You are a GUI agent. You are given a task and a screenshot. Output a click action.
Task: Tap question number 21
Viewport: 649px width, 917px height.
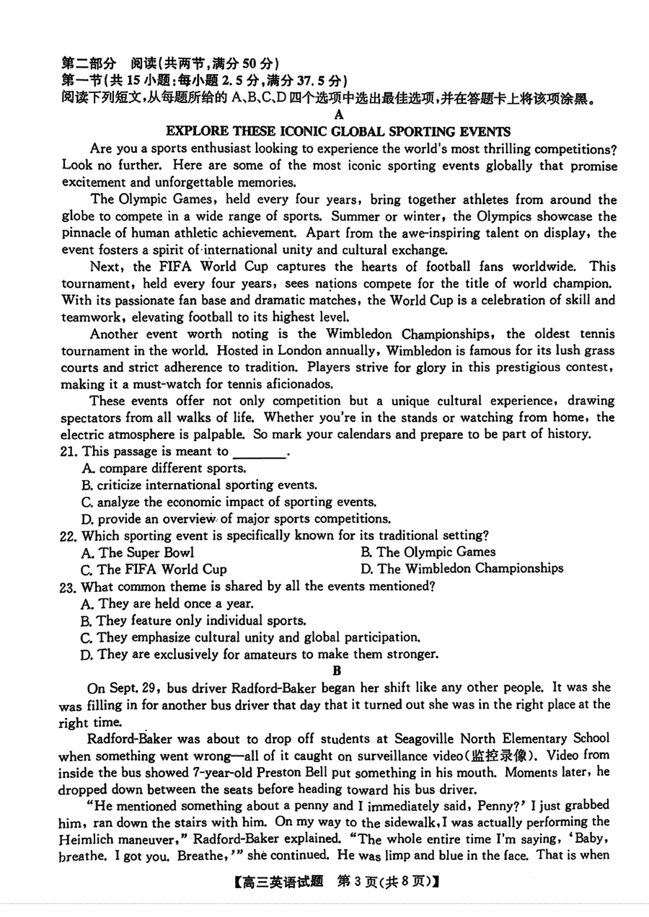point(71,452)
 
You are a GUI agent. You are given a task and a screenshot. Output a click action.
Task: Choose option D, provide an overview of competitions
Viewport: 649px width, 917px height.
point(236,519)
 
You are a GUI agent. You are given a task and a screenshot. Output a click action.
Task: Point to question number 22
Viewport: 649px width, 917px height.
point(70,536)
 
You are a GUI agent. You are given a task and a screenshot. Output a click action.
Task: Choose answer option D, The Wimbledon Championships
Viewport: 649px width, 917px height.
point(462,569)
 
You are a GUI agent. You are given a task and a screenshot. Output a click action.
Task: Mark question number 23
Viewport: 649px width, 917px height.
point(70,586)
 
